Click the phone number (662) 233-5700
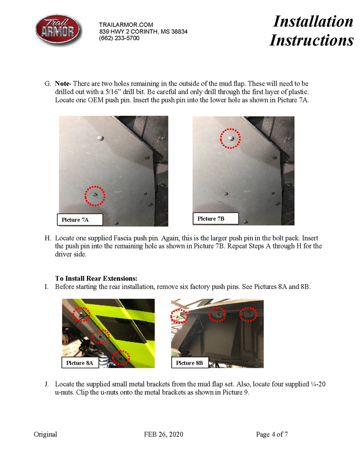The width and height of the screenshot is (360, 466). [x=119, y=38]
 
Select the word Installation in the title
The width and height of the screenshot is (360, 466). [x=313, y=21]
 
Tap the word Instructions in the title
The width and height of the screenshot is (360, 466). [x=311, y=40]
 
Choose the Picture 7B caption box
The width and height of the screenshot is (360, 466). [x=216, y=219]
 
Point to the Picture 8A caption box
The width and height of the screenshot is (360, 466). [x=79, y=363]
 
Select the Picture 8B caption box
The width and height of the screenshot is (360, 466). [x=190, y=363]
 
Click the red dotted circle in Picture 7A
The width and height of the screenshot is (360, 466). [x=95, y=196]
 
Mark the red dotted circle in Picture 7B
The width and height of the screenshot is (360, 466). [x=231, y=138]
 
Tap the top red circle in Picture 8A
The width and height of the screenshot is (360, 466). [x=81, y=315]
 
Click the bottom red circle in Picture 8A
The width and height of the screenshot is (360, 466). [x=121, y=358]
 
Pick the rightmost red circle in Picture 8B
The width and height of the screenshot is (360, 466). [x=249, y=315]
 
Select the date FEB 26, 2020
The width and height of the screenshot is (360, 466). [x=163, y=434]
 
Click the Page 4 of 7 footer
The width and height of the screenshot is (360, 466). [x=272, y=434]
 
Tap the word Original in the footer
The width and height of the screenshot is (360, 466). [x=45, y=434]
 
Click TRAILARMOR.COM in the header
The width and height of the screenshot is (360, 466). [x=126, y=25]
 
